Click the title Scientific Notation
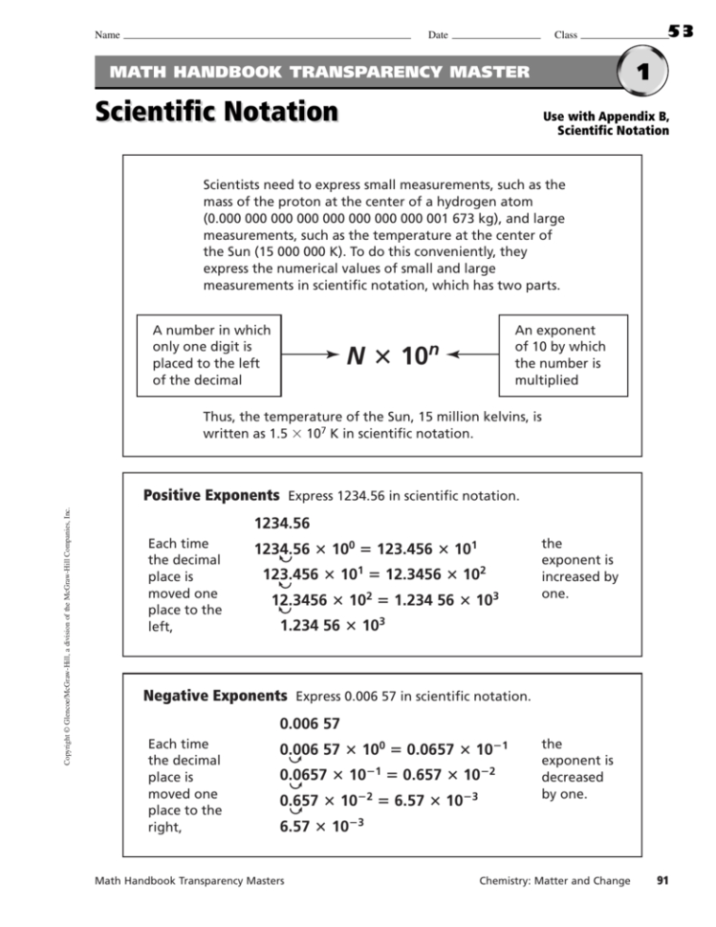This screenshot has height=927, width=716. [x=216, y=112]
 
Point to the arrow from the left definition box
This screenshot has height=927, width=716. [x=312, y=355]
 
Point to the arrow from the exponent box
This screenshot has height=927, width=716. [x=472, y=355]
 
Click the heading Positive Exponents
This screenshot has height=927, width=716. [x=210, y=495]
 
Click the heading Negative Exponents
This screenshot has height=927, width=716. [x=214, y=696]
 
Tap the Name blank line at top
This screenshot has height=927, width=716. [x=268, y=37]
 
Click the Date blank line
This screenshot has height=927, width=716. [x=495, y=37]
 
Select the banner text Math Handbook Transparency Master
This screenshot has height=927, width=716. [x=320, y=72]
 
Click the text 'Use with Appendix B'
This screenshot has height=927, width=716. [x=606, y=117]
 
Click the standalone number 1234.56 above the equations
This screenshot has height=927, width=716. [x=282, y=524]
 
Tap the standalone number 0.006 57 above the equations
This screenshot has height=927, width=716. [x=310, y=724]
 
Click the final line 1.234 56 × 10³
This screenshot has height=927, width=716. [x=334, y=627]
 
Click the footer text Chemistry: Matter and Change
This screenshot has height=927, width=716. [x=554, y=880]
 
